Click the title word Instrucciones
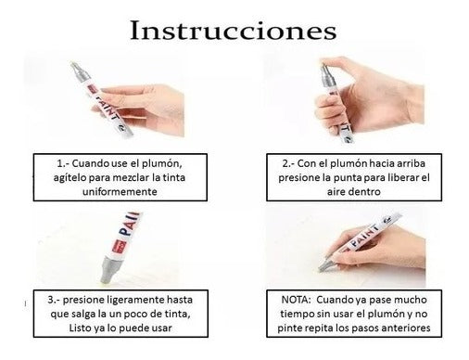click(x=234, y=31)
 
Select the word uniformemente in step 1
click(x=120, y=192)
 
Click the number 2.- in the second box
click(x=288, y=163)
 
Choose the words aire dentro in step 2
click(x=354, y=192)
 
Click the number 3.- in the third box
click(x=54, y=300)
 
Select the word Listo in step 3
click(x=80, y=328)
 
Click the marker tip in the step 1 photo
click(x=73, y=65)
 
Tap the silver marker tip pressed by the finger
click(x=324, y=69)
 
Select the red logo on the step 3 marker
click(x=116, y=244)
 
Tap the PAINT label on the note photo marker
click(x=364, y=236)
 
